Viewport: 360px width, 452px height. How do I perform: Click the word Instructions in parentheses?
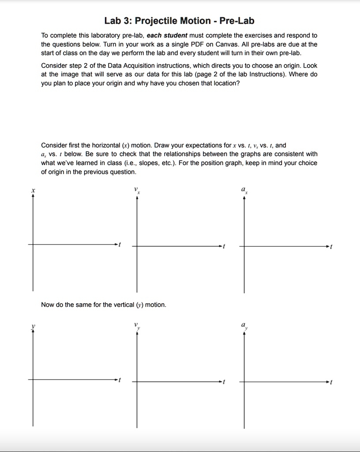click(x=269, y=74)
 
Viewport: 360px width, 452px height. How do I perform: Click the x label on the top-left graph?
click(x=33, y=190)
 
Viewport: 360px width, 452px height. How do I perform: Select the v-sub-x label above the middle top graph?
click(x=137, y=191)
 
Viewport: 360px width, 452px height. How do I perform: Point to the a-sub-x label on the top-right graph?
click(x=244, y=190)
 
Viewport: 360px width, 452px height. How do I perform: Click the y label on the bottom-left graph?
click(x=33, y=326)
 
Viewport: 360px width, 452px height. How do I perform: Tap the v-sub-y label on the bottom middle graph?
click(x=137, y=326)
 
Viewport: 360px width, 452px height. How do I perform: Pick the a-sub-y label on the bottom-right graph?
click(x=244, y=326)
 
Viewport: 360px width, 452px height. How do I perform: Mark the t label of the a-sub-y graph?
click(x=331, y=382)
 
